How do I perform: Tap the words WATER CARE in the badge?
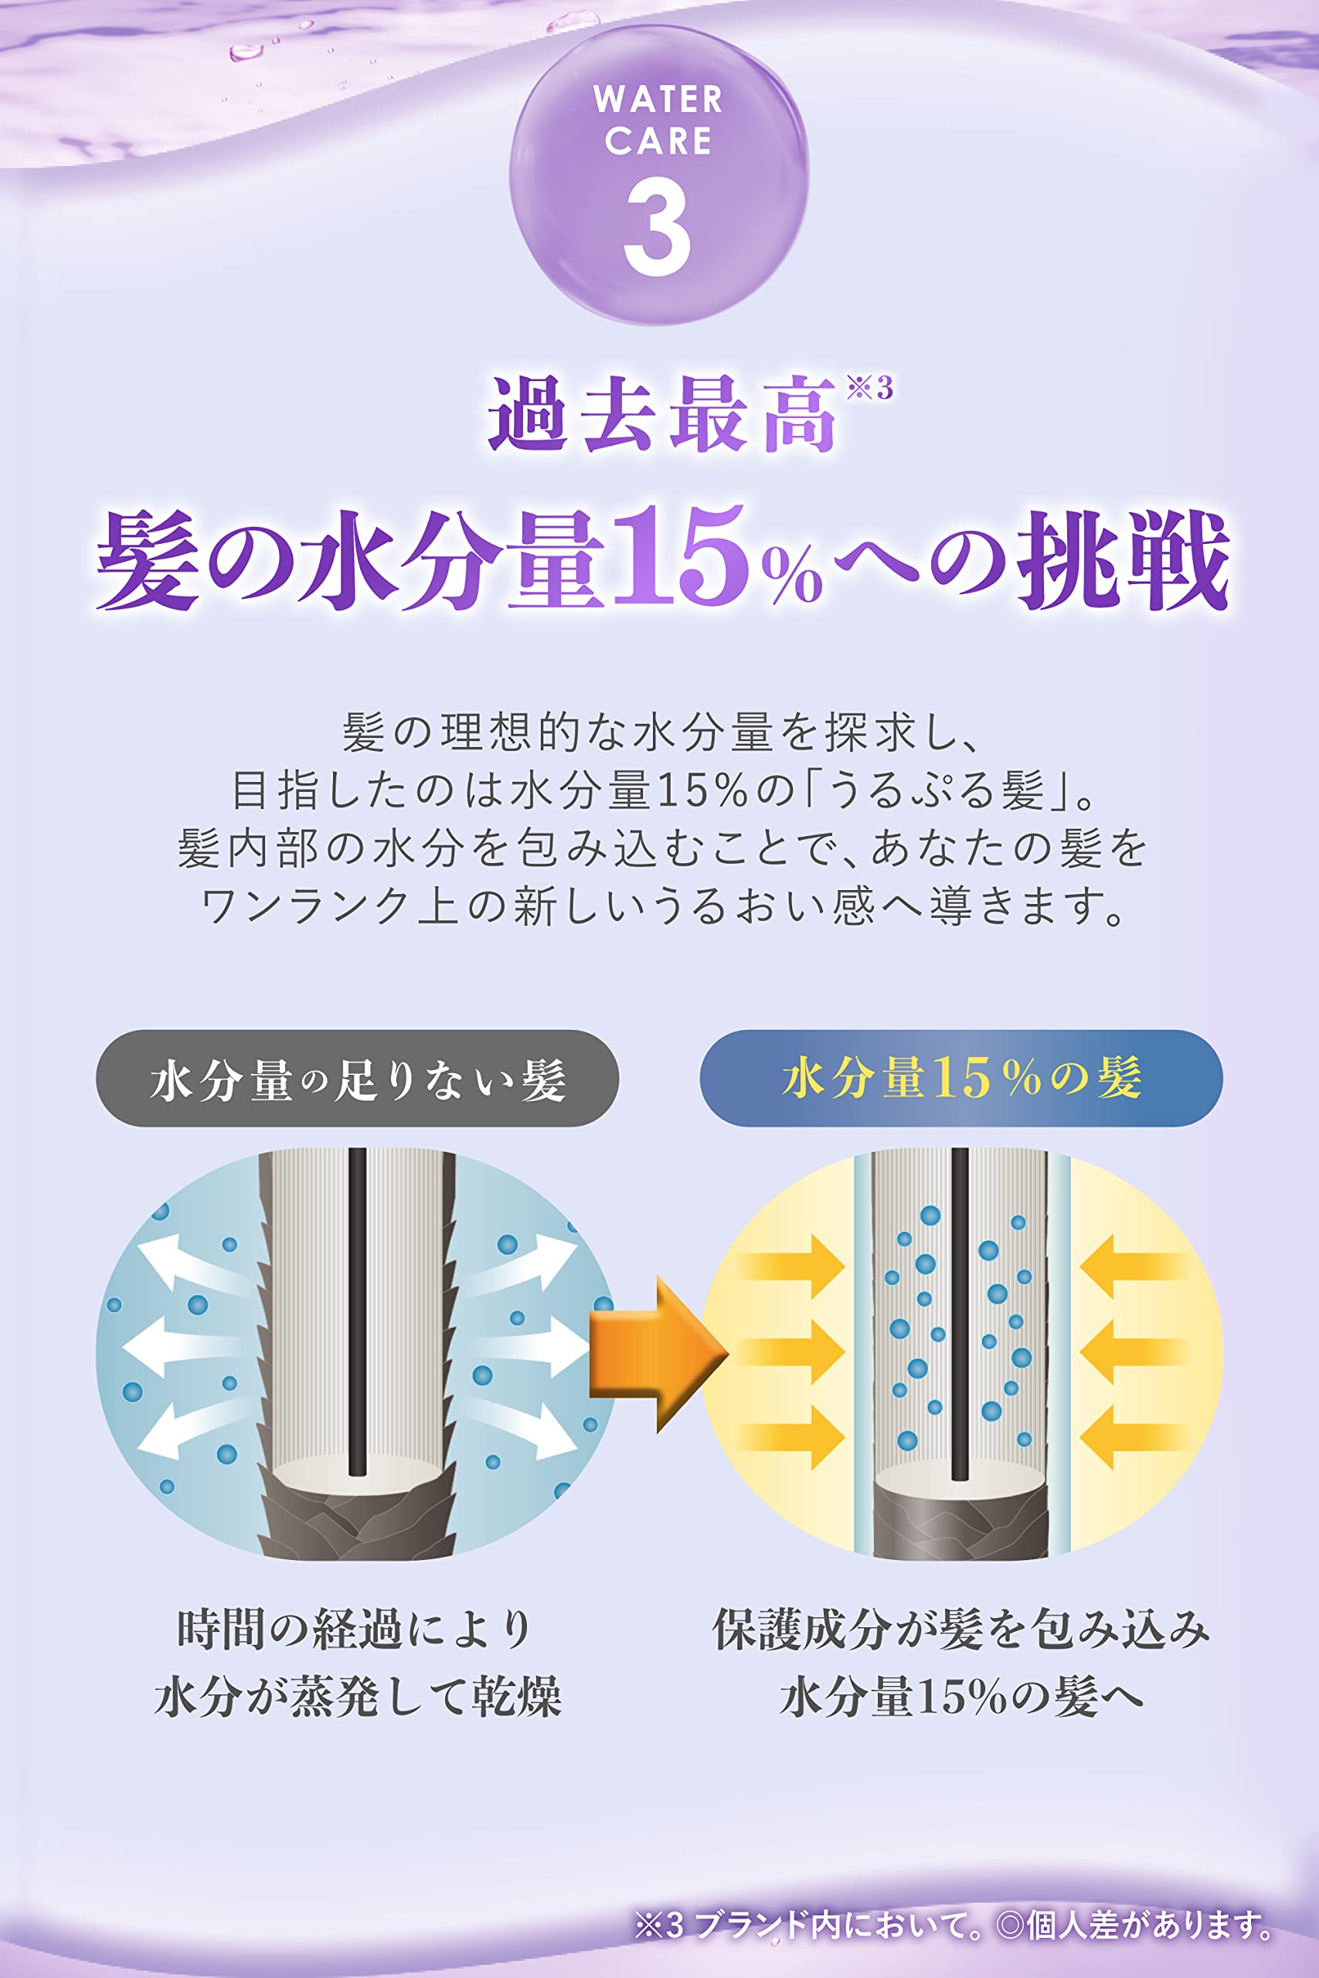click(658, 121)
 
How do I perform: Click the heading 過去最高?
click(662, 415)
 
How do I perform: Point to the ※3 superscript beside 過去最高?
click(870, 388)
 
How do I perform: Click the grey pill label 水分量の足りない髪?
click(358, 1079)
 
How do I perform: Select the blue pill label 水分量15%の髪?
click(960, 1079)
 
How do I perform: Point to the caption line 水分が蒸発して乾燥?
click(359, 1695)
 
